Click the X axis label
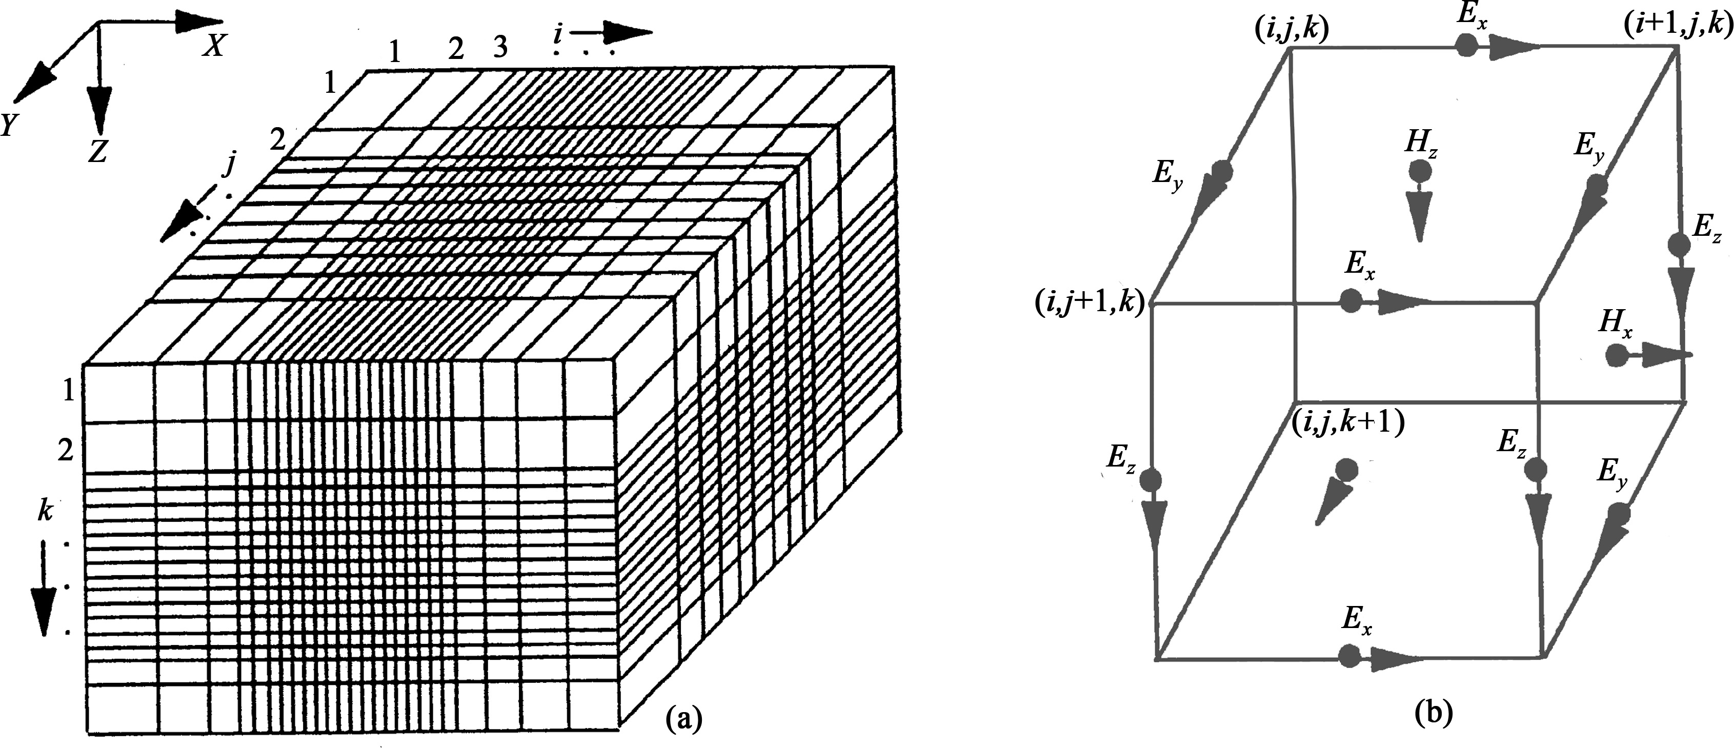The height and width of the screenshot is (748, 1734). pos(213,46)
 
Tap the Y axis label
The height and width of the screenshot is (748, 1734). pos(9,125)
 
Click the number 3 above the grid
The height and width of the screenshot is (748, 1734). pos(499,48)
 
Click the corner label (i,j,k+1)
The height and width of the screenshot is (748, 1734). pos(1348,423)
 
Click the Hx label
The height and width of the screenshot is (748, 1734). pos(1616,325)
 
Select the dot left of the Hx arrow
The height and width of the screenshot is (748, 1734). pos(1614,355)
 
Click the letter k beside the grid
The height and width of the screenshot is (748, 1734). pos(45,512)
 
